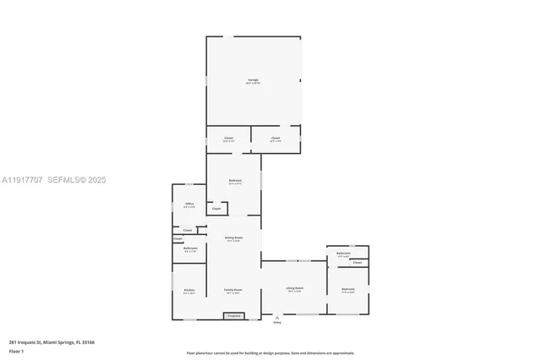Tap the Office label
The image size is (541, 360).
point(189,204)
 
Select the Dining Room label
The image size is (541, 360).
point(234,238)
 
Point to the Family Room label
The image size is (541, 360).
point(233,291)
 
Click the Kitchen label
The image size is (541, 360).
point(189,292)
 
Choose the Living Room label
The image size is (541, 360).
point(293,289)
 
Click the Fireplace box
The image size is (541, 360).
point(234,316)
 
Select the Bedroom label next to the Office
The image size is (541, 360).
point(235,181)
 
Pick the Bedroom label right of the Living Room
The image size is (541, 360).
point(348,290)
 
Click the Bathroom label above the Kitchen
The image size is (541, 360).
point(190,248)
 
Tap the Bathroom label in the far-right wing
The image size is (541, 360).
point(343,254)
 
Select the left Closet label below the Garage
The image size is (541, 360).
point(228,139)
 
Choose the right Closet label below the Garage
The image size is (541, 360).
point(276,139)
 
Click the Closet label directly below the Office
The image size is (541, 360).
point(188,230)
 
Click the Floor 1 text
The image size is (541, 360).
point(16,350)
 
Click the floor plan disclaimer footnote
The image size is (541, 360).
point(270,353)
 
